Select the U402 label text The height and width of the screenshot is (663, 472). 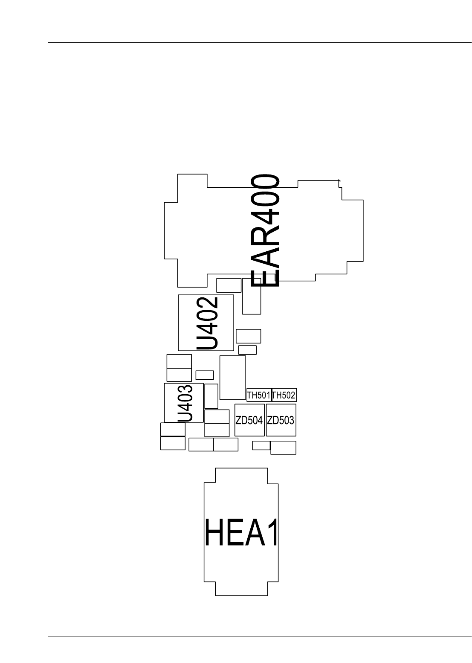click(208, 323)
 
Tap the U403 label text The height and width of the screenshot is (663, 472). click(185, 403)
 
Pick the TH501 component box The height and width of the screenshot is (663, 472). click(259, 395)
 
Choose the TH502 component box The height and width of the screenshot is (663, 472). click(284, 395)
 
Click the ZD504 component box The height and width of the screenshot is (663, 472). click(249, 420)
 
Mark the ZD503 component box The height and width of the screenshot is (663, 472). click(281, 420)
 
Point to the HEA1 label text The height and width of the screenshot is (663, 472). click(242, 532)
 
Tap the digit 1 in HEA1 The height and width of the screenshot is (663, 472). click(271, 532)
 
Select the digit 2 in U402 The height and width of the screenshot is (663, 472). click(208, 305)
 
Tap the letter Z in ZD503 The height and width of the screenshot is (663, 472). click(270, 420)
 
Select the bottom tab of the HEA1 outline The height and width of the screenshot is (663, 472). click(242, 588)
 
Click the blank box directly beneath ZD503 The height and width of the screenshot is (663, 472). click(283, 448)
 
